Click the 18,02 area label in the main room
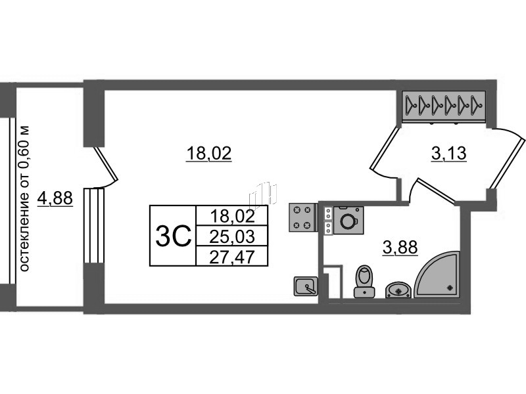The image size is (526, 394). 208,154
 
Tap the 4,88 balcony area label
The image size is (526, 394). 55,198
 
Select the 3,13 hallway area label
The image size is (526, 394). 448,154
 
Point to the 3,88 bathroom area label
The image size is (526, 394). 400,248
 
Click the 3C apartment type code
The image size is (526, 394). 173,236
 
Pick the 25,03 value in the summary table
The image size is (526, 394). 232,236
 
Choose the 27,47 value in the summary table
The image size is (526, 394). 232,257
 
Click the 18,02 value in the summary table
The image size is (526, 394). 233,216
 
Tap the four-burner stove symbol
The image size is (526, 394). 303,217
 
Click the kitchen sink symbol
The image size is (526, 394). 306,286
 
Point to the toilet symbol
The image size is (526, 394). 365,282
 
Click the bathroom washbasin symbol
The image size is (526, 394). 398,290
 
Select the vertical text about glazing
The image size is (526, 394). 24,199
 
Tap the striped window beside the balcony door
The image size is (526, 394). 94,225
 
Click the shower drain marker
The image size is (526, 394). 450,287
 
